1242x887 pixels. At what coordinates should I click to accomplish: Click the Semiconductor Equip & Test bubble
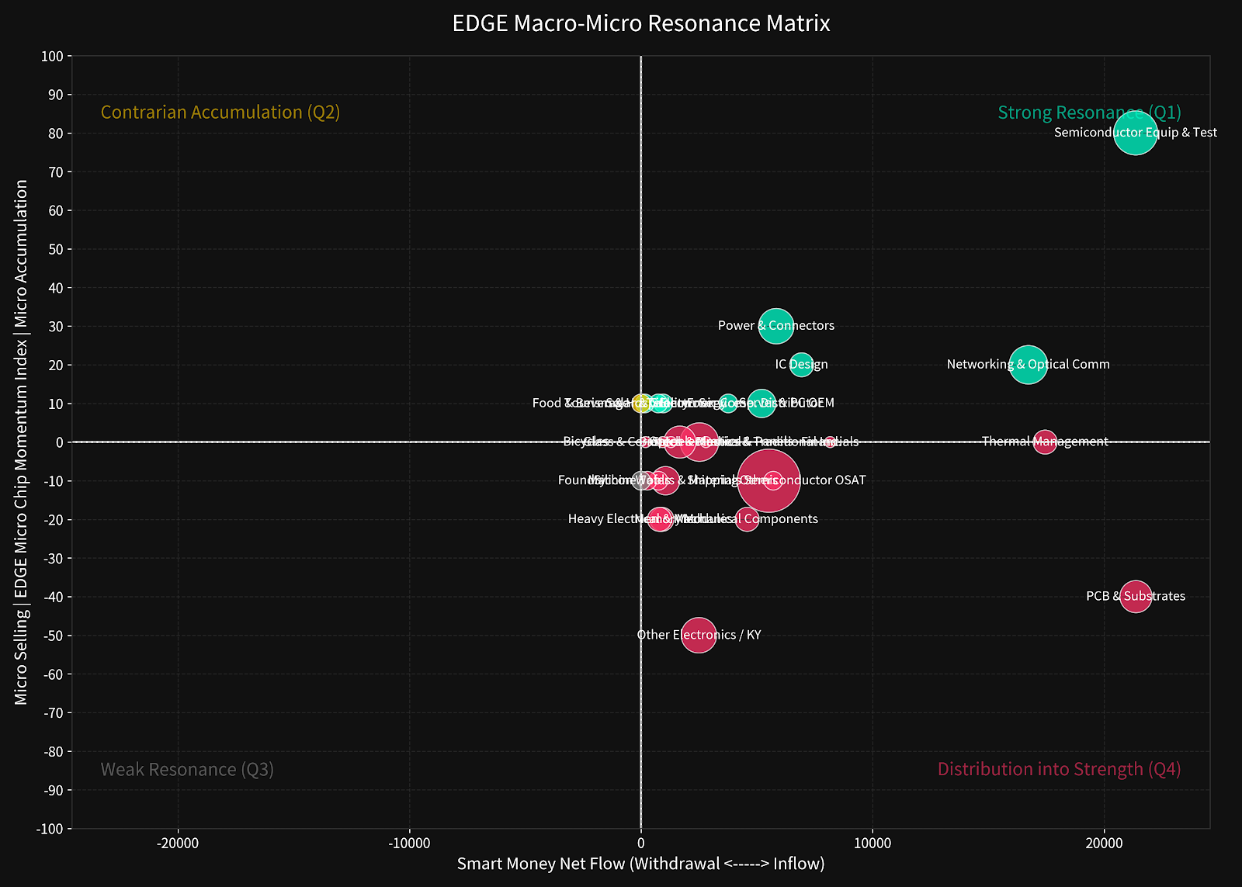pos(1135,133)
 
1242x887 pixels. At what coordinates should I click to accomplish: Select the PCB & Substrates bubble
pos(1136,596)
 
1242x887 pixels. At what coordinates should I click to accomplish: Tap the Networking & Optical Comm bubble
pos(1028,364)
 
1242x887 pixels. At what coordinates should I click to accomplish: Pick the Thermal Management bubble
pos(1045,442)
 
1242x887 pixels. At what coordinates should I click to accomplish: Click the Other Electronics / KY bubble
pos(699,635)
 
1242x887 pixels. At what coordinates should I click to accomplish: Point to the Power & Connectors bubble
pos(775,326)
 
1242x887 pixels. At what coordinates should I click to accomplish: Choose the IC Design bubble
pos(801,364)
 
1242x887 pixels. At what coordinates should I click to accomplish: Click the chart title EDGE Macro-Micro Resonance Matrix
pos(641,23)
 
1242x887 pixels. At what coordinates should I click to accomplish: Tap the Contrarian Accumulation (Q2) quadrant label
pos(220,113)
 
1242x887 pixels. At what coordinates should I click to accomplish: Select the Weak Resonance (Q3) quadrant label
pos(187,770)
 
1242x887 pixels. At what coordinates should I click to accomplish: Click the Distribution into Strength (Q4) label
pos(1059,769)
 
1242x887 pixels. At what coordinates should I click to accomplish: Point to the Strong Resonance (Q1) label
pos(1089,113)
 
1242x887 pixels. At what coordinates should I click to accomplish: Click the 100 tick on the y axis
pos(52,57)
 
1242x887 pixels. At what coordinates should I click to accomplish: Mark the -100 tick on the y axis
pos(50,829)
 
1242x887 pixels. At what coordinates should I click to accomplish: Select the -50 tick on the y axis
pos(52,636)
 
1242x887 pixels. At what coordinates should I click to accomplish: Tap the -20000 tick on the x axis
pos(178,844)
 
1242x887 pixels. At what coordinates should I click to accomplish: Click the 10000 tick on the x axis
pos(872,844)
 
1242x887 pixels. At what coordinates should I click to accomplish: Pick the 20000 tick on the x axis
pos(1103,844)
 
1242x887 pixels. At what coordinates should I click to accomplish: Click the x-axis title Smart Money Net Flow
pos(641,864)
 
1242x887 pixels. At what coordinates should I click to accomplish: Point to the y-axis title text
pos(21,442)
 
